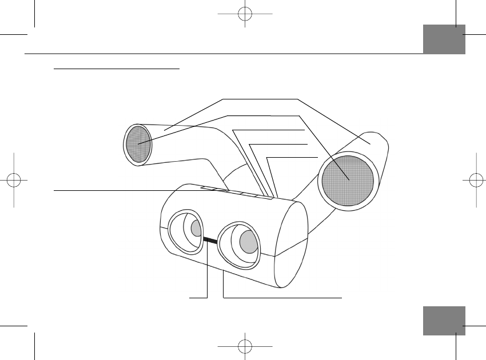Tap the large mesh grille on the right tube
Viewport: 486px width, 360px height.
[x=348, y=180]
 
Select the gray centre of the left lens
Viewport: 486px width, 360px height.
[x=196, y=229]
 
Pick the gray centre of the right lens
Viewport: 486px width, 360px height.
[x=249, y=242]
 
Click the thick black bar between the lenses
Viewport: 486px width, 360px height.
[x=209, y=242]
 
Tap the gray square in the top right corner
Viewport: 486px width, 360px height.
[x=444, y=39]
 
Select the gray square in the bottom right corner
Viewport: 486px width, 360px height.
[x=444, y=321]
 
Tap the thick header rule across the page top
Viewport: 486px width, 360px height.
[x=223, y=54]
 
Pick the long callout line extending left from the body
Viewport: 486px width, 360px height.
[x=114, y=190]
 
